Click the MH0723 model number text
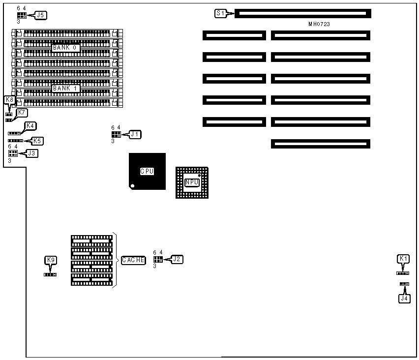[x=319, y=24]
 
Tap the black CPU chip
[x=147, y=171]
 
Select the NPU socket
[x=192, y=182]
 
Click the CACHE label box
[x=133, y=260]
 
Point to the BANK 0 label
[x=66, y=48]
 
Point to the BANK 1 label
[x=66, y=89]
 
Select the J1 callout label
[x=135, y=134]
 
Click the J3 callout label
[x=31, y=153]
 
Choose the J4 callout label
[x=404, y=298]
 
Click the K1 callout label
[x=403, y=259]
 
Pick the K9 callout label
[x=50, y=260]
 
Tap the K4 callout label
[x=30, y=126]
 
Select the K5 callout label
[x=36, y=141]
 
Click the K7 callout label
[x=22, y=113]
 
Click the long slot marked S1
[x=302, y=13]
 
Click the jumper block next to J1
[x=116, y=134]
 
